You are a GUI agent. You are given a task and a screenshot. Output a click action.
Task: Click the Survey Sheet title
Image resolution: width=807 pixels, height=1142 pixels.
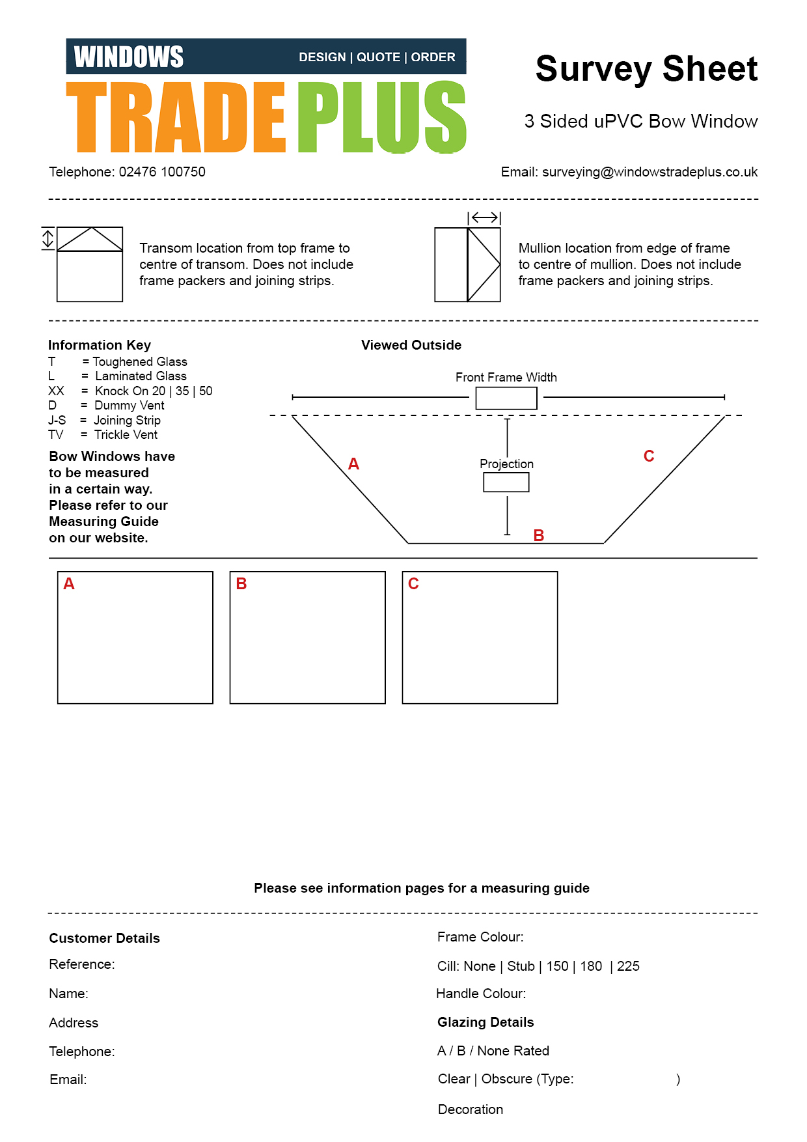pos(646,69)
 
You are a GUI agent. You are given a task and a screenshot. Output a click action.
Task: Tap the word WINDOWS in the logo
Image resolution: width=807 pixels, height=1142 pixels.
pos(129,57)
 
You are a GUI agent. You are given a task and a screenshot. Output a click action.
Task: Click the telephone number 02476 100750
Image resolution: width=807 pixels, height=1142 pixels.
pos(162,172)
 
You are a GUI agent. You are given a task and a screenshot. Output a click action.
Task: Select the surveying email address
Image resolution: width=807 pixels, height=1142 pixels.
pos(650,172)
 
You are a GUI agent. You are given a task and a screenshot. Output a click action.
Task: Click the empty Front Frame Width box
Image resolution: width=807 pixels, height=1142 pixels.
pos(506,398)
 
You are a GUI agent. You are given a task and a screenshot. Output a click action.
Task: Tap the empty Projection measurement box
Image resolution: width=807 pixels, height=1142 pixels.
pos(506,482)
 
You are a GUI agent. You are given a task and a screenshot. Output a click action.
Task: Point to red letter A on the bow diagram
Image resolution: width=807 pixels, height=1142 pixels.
pos(353,464)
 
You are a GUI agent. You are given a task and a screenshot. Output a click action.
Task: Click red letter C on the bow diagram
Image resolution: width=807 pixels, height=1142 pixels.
pos(648,456)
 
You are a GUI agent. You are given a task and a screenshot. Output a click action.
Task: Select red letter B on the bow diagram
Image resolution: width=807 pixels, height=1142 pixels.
pos(538,535)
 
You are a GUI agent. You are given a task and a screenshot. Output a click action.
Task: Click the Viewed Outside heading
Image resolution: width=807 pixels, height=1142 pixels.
pos(411,345)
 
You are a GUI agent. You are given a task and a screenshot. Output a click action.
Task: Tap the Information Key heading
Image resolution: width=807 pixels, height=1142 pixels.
pos(100,345)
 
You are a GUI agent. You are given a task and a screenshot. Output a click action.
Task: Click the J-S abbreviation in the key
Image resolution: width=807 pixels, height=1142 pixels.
pos(57,420)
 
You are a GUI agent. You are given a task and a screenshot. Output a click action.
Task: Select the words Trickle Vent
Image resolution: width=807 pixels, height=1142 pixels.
pos(126,434)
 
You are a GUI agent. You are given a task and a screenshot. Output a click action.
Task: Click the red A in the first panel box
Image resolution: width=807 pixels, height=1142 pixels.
pos(69,584)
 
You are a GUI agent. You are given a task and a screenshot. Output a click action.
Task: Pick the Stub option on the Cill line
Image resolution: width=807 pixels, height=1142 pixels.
pos(521,966)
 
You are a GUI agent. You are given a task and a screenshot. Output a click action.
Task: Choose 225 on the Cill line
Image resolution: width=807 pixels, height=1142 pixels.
pos(628,966)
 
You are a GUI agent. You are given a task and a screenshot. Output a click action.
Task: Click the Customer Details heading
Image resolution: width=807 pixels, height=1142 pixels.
pos(104,938)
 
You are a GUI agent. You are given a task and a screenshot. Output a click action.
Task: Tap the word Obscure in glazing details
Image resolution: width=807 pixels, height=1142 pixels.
pos(506,1079)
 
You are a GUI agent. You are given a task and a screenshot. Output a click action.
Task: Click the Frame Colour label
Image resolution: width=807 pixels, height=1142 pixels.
pos(480,937)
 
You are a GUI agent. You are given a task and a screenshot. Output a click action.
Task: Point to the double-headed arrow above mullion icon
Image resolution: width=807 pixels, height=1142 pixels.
pos(484,217)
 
